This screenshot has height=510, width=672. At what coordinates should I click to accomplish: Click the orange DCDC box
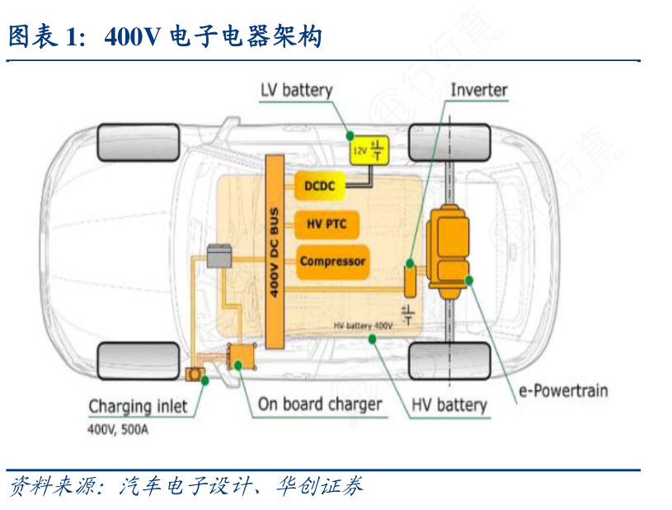click(319, 187)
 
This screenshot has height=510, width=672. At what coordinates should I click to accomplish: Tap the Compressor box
click(331, 262)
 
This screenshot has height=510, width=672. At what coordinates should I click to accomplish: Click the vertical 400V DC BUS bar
click(275, 248)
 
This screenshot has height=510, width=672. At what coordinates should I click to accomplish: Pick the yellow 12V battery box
click(368, 149)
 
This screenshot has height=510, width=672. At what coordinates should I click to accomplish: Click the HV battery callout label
click(449, 404)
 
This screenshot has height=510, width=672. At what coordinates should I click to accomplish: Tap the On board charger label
click(320, 404)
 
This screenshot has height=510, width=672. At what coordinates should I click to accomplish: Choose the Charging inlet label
click(138, 406)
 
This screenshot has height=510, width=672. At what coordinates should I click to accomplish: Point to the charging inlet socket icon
click(196, 375)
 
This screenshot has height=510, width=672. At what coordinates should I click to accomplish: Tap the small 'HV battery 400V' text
click(364, 326)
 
